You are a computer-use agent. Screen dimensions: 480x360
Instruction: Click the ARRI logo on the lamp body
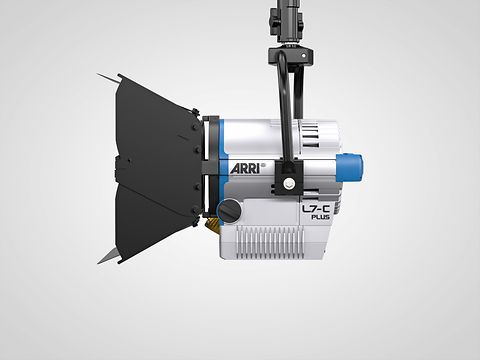click(x=244, y=168)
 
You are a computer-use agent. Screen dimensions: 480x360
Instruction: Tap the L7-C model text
click(x=315, y=209)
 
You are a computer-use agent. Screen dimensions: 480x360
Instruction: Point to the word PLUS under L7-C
click(x=320, y=217)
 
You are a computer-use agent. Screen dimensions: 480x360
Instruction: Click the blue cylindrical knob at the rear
click(x=350, y=168)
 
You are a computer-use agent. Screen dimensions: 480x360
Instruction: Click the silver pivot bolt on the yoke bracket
click(x=288, y=182)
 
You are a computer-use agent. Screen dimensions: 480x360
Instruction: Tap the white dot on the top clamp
click(x=303, y=56)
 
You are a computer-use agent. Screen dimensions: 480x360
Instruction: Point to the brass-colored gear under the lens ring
click(x=213, y=224)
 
